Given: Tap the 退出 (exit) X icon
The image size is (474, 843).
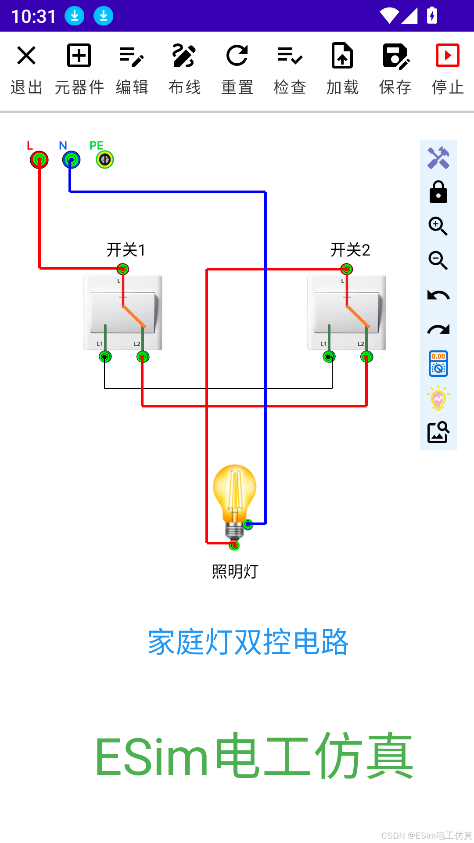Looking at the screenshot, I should click(x=26, y=56).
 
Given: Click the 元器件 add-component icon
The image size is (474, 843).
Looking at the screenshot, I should click(x=79, y=56).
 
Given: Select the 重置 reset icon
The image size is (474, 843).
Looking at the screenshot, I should click(x=237, y=56).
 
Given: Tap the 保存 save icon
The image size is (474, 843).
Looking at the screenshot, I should click(x=395, y=56).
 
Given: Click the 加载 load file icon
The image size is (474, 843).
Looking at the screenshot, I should click(x=342, y=56).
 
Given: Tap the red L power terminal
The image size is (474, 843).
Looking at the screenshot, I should click(x=39, y=160).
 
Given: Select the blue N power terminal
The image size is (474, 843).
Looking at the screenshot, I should click(x=71, y=160).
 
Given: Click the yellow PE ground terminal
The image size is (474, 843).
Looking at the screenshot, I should click(x=105, y=160).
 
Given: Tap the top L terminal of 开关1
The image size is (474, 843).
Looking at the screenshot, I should click(x=123, y=269).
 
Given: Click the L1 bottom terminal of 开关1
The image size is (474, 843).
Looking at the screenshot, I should click(x=105, y=357).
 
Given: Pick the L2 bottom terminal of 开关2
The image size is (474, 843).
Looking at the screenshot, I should click(x=366, y=357).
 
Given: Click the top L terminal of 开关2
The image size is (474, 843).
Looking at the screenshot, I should click(x=347, y=269).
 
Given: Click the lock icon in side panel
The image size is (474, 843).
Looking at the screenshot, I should click(x=438, y=192).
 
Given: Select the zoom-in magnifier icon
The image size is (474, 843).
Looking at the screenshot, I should click(x=438, y=227).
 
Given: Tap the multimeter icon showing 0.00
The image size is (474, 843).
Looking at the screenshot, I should click(x=438, y=364).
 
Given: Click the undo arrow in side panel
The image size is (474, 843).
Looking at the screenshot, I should click(x=438, y=295).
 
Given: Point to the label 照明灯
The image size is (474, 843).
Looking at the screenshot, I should click(x=235, y=572).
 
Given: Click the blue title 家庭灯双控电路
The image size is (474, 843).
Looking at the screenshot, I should click(x=248, y=642).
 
